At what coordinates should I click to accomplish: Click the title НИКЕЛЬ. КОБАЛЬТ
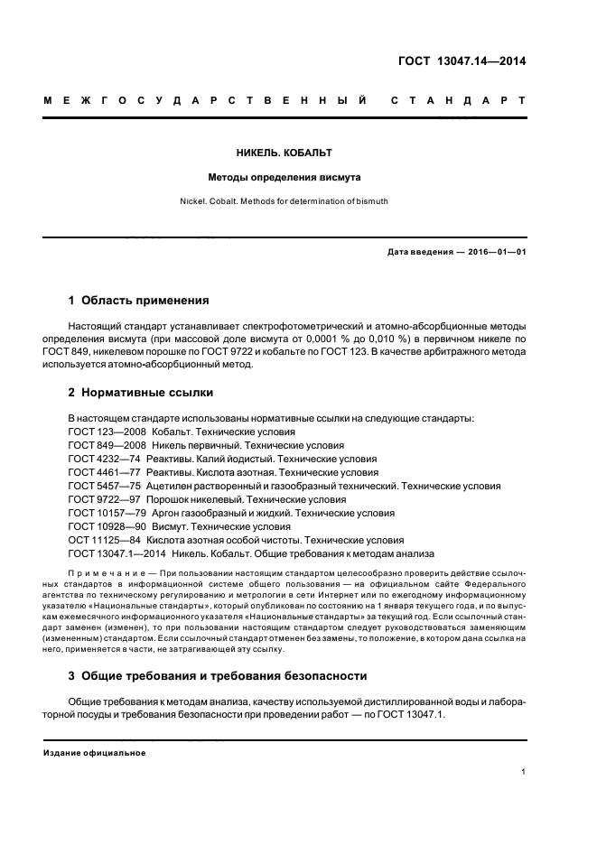[x=299, y=153]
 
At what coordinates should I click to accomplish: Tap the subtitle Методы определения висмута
[x=299, y=177]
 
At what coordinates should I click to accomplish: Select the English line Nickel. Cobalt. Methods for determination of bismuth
[x=299, y=201]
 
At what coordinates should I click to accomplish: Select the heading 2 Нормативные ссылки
[x=142, y=394]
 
